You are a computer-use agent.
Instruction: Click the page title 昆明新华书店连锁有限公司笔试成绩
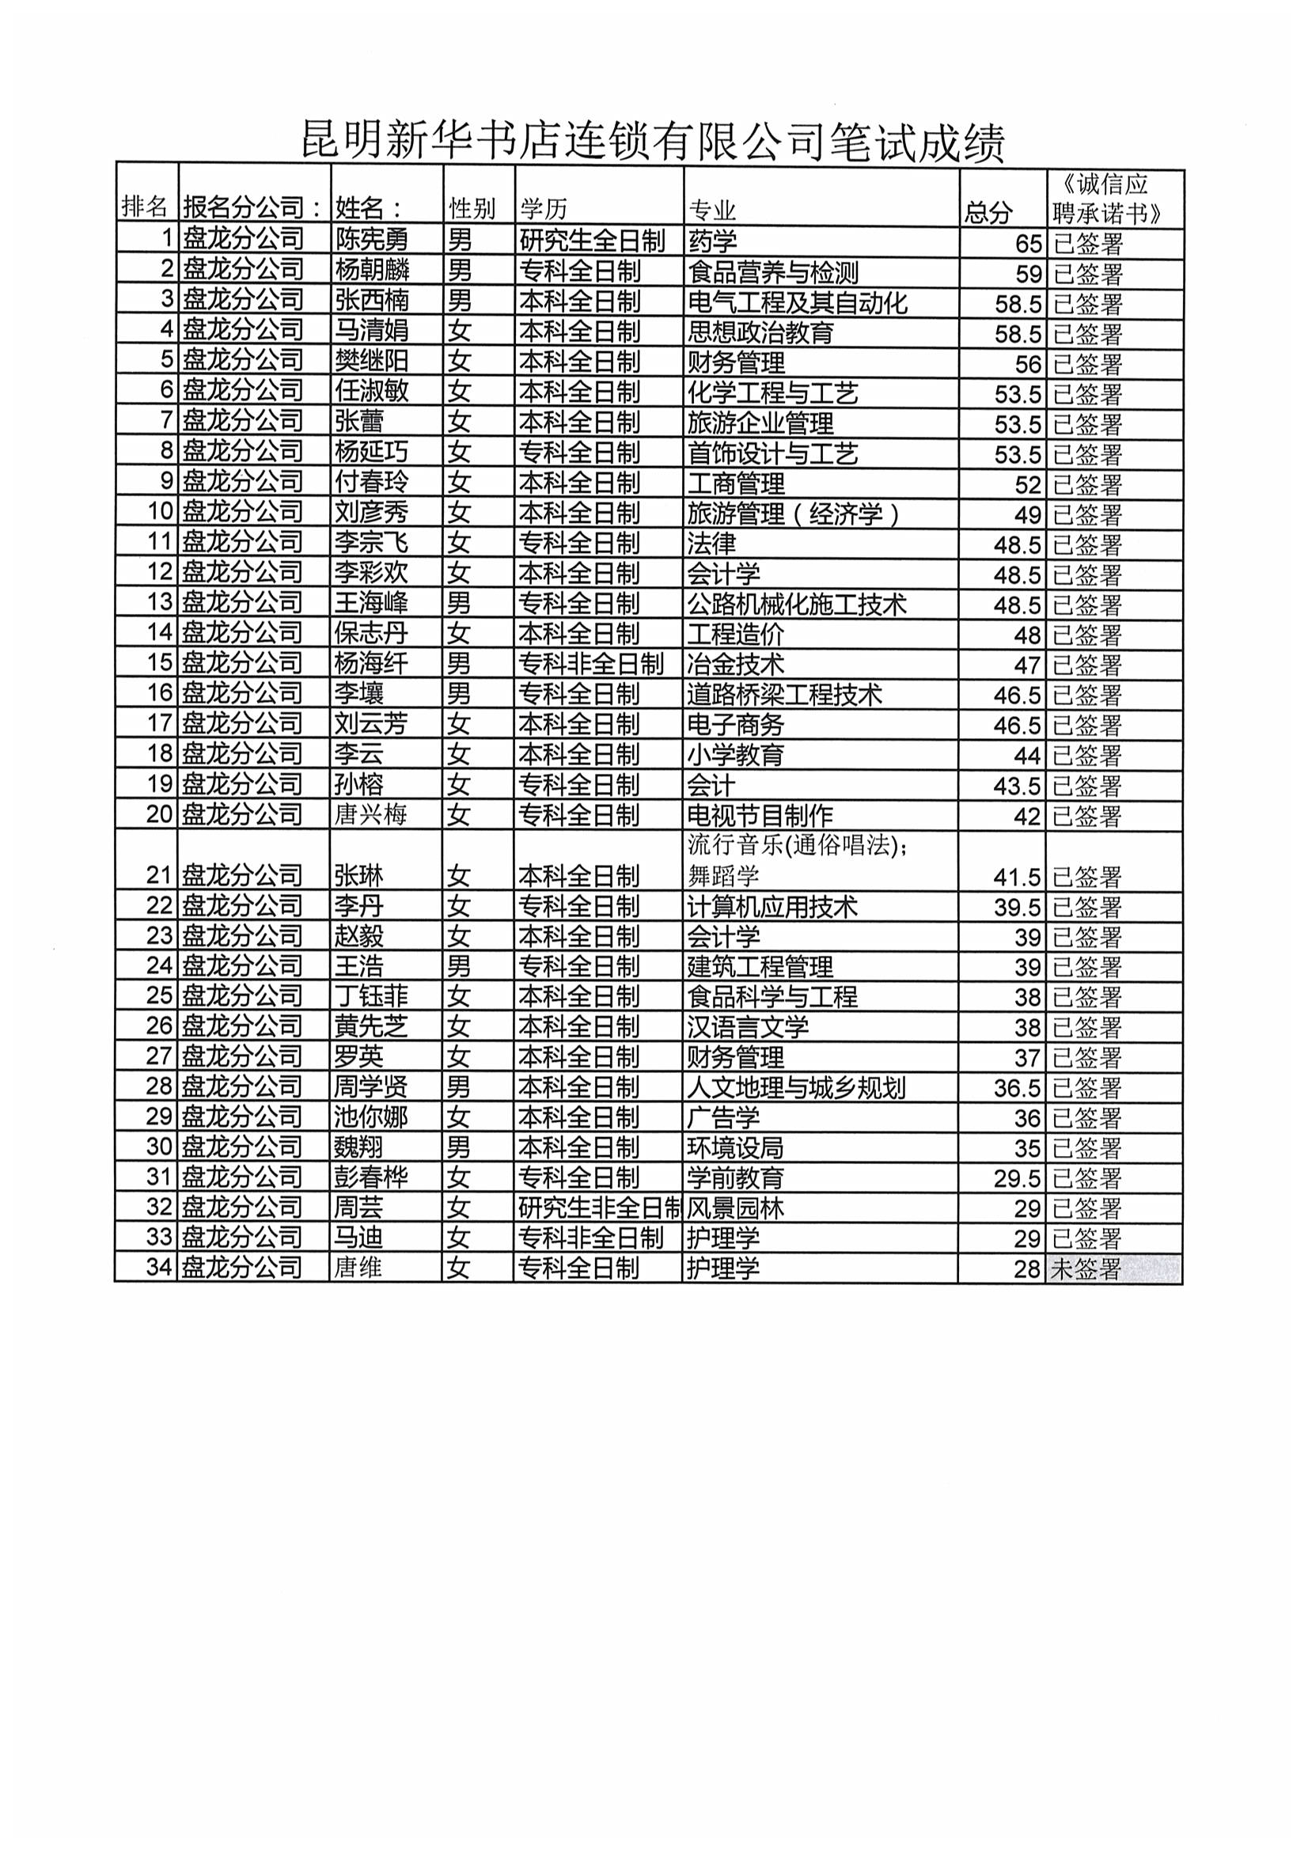[x=653, y=142]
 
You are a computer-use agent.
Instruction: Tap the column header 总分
[x=988, y=212]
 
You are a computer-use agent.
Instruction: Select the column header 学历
[x=544, y=210]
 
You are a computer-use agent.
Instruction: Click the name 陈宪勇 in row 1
[x=372, y=240]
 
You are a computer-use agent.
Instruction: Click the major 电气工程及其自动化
[x=797, y=303]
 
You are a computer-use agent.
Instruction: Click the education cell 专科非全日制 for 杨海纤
[x=591, y=664]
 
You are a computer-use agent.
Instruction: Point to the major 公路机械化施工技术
[x=796, y=605]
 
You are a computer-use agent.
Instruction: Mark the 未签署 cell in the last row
[x=1086, y=1269]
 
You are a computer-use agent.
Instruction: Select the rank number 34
[x=160, y=1267]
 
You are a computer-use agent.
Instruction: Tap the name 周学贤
[x=372, y=1087]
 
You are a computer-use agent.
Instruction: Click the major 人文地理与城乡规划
[x=796, y=1088]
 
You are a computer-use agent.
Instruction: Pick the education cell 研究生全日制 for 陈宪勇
[x=593, y=240]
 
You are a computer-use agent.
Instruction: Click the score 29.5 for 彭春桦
[x=1017, y=1179]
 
